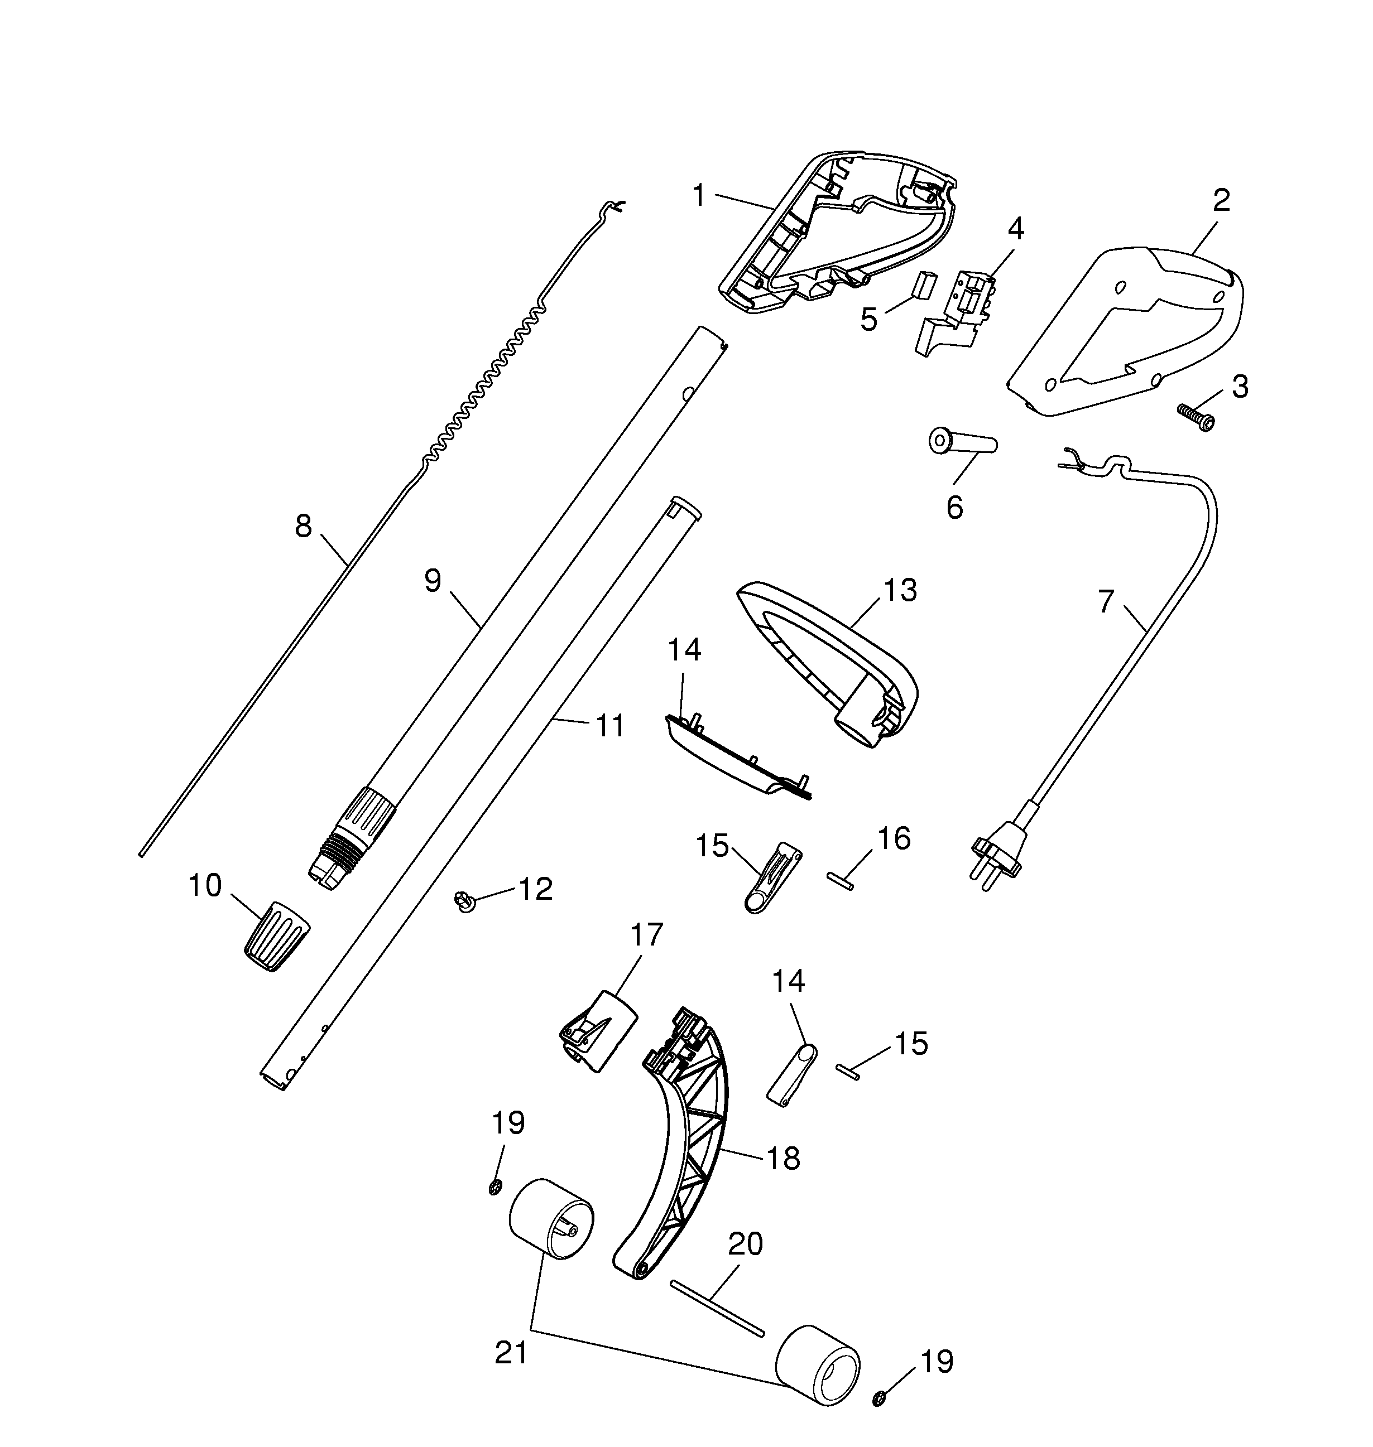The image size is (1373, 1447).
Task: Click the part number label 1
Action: pos(699,196)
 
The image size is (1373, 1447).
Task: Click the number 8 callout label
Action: pos(303,526)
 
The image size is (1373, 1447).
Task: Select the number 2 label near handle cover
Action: pos(1221,200)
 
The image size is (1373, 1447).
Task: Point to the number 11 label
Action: pos(609,726)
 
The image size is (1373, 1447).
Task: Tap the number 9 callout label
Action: pos(433,581)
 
